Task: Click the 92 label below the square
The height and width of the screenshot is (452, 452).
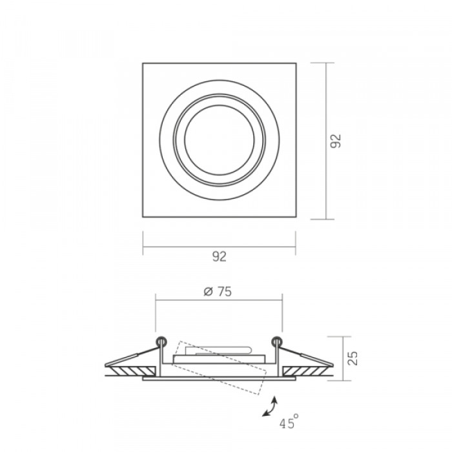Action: pyautogui.click(x=220, y=256)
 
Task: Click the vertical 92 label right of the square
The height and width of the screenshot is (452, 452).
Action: pyautogui.click(x=336, y=141)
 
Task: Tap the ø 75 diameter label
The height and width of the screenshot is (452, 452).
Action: pyautogui.click(x=218, y=291)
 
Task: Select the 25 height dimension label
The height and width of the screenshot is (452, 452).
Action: pyautogui.click(x=353, y=358)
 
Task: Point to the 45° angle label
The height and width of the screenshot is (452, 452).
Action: pyautogui.click(x=289, y=422)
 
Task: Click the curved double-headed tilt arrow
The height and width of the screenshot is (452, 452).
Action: pyautogui.click(x=270, y=406)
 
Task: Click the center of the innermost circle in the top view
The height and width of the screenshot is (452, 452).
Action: pyautogui.click(x=220, y=140)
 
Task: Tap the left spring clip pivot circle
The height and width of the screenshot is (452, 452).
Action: pyautogui.click(x=161, y=342)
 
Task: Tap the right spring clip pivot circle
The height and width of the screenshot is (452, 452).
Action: pyautogui.click(x=277, y=342)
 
